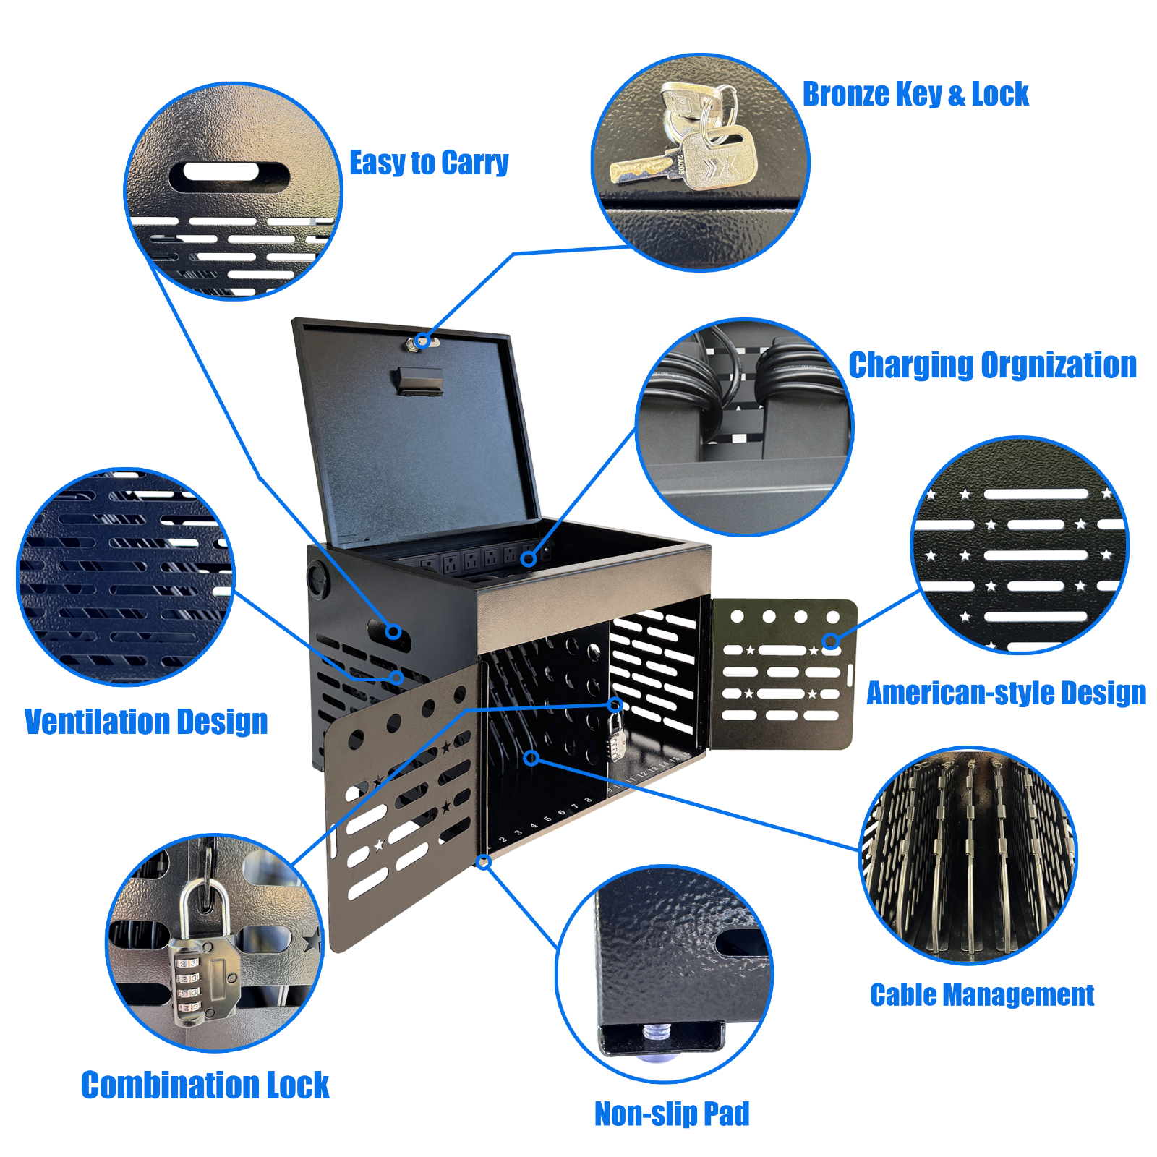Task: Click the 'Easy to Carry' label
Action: (429, 163)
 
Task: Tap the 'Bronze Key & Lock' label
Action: (915, 94)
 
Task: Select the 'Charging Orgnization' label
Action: (992, 365)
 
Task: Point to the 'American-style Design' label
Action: (1007, 693)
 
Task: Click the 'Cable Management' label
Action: (982, 995)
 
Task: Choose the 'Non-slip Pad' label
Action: (672, 1114)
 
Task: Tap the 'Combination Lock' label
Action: (205, 1085)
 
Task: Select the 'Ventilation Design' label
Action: (146, 722)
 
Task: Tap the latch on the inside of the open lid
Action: (418, 381)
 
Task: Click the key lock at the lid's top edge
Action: (422, 342)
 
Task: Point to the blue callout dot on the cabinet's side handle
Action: (393, 631)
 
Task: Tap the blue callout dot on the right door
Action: (830, 641)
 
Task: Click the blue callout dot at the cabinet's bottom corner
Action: (484, 862)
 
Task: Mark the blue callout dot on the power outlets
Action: (529, 558)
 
